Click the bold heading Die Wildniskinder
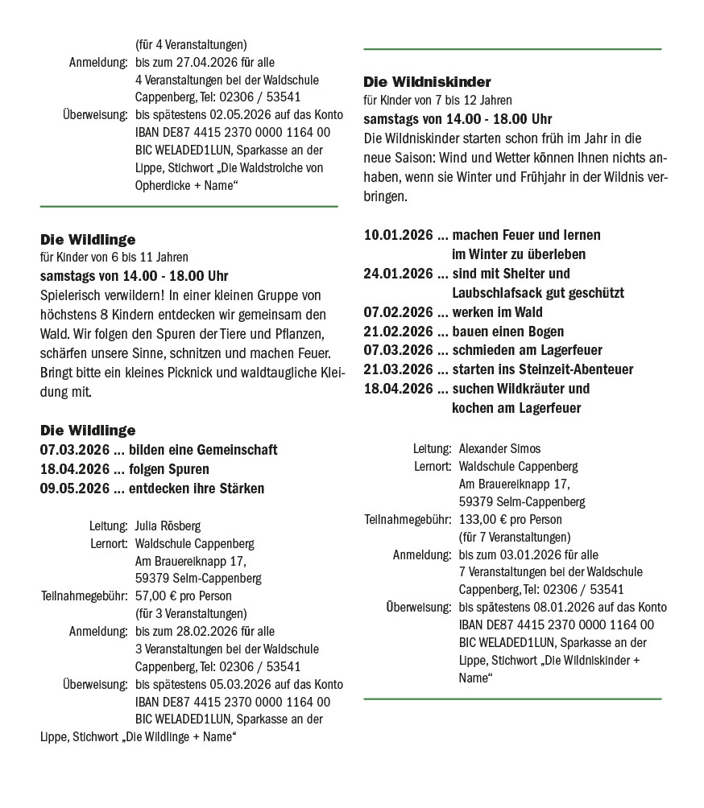[x=427, y=82]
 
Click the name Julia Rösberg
[x=168, y=526]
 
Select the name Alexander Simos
[x=499, y=448]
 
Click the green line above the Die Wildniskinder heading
[x=512, y=50]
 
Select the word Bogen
[x=545, y=332]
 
